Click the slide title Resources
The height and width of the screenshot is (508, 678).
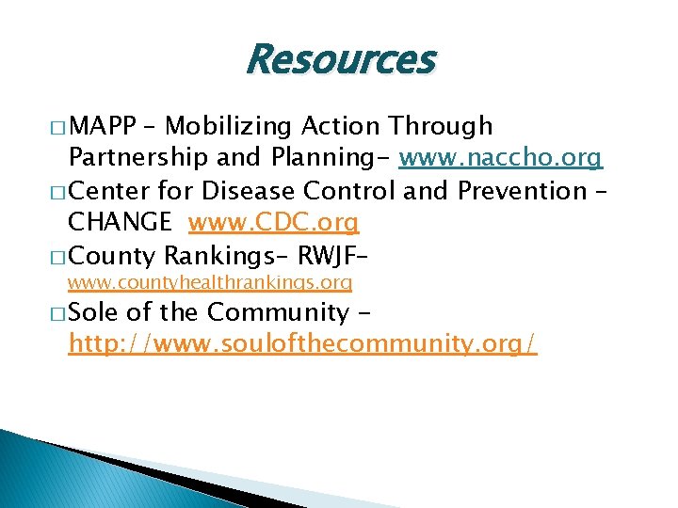point(339,60)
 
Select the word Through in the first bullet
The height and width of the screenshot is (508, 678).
point(443,126)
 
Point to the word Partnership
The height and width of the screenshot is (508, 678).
point(136,158)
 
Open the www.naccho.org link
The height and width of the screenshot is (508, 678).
point(500,158)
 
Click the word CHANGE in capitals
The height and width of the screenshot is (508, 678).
point(121,222)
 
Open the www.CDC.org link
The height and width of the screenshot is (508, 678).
point(273,223)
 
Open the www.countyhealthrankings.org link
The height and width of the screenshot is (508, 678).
point(210,282)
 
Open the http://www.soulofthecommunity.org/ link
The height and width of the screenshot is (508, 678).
point(302,343)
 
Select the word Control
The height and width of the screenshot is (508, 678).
point(349,190)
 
